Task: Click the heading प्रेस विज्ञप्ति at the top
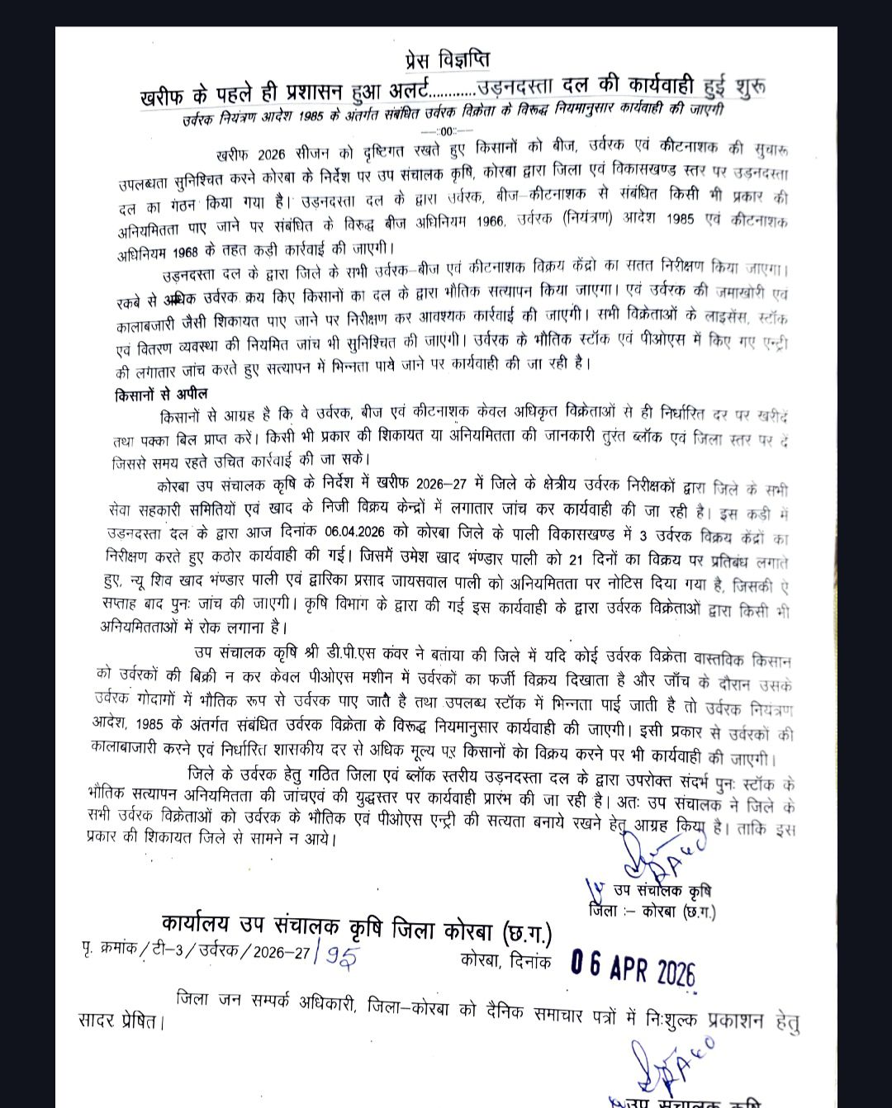coord(448,60)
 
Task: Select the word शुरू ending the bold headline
coord(749,85)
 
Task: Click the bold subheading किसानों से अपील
coord(162,395)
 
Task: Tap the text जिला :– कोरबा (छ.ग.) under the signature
coord(652,912)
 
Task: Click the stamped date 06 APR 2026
coord(633,968)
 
